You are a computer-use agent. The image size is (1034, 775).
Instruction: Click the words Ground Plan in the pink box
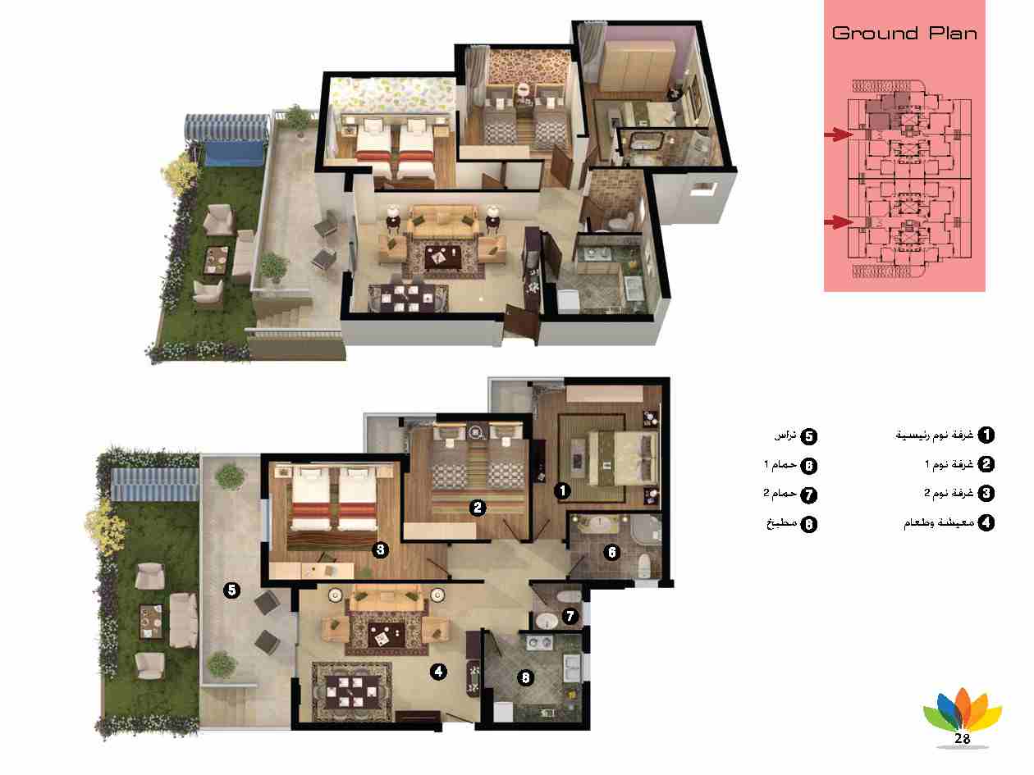point(904,34)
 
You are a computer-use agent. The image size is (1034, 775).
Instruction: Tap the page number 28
point(962,738)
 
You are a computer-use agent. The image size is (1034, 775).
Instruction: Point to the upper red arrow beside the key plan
point(839,134)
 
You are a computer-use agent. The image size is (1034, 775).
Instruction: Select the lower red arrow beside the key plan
point(839,221)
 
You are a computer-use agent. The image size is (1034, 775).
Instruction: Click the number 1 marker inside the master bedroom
point(562,490)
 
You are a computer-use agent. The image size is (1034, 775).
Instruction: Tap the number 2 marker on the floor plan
point(477,508)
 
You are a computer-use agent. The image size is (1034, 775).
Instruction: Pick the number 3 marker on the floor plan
point(380,549)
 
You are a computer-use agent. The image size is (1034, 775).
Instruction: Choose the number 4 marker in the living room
point(438,672)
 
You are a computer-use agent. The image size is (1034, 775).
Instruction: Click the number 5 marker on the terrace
point(231,590)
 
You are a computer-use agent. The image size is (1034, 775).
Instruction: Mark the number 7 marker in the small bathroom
point(570,616)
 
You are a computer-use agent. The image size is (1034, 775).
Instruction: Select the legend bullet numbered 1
point(986,435)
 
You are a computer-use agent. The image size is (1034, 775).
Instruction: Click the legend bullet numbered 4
point(986,522)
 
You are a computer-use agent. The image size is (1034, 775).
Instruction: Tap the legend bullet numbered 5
point(809,436)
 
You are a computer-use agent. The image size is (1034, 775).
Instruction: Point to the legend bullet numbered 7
point(809,495)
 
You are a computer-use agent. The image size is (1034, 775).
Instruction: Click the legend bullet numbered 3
point(986,493)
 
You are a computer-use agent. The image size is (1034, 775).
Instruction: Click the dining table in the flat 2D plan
point(352,691)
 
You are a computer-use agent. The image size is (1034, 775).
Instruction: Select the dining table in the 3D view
point(408,298)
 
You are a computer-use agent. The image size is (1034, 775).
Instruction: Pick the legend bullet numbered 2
point(986,464)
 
